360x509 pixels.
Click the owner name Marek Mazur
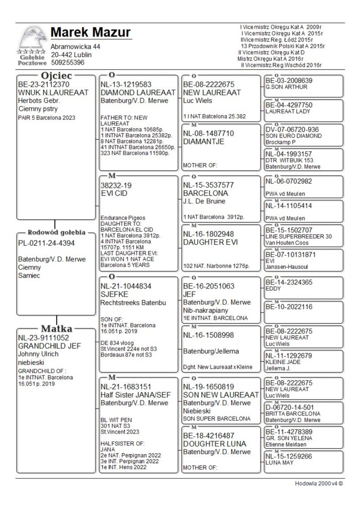click(90, 32)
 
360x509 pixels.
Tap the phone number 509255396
click(67, 63)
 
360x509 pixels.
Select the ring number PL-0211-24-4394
click(46, 243)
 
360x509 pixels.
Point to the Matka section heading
click(56, 328)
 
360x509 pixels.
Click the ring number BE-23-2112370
click(44, 84)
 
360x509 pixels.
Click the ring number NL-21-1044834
click(126, 286)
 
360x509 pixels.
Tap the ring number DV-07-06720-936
click(292, 130)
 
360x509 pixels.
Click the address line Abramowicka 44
click(75, 46)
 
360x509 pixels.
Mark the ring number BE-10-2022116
click(288, 307)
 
